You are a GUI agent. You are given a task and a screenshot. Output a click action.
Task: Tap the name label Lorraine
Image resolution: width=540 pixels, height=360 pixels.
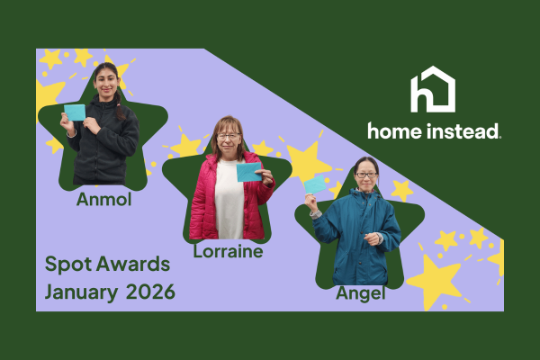tap(228, 251)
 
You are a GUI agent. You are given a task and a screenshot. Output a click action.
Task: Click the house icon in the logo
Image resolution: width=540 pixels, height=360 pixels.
tap(433, 90)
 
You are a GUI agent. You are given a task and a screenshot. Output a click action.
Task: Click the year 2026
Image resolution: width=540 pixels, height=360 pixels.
tap(150, 292)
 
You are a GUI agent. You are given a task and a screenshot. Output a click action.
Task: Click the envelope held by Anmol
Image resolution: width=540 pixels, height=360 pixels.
tap(75, 112)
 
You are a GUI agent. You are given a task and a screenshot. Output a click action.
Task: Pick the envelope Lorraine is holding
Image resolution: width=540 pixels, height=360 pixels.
tap(248, 171)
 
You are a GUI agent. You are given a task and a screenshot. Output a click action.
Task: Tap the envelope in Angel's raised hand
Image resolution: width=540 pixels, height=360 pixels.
tap(315, 184)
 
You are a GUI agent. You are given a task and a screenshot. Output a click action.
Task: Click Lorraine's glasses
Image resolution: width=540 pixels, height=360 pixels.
tap(229, 136)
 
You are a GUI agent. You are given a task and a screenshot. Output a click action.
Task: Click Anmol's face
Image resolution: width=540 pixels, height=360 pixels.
tap(105, 81)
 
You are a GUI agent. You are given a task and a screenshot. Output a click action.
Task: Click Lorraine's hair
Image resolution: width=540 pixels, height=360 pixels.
tap(228, 122)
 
